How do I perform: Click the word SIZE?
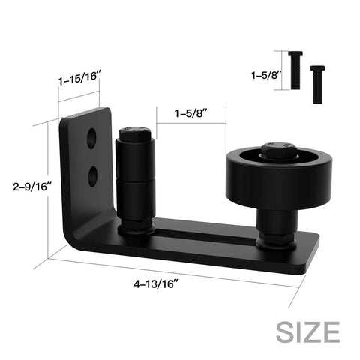pyautogui.click(x=307, y=330)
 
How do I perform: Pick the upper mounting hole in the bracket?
pyautogui.click(x=91, y=138)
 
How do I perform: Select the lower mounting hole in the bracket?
pyautogui.click(x=91, y=175)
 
